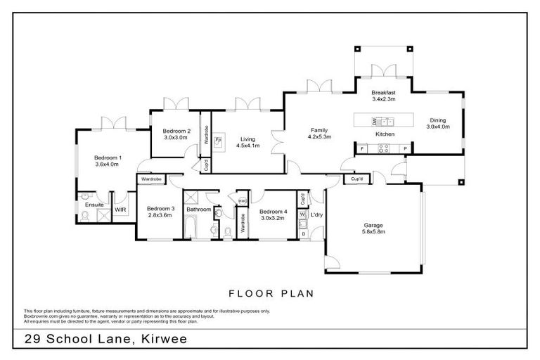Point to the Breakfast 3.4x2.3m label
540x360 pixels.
click(x=384, y=96)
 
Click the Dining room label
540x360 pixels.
click(x=438, y=123)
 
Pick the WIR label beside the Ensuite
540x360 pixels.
click(x=120, y=210)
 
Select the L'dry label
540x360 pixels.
click(x=316, y=214)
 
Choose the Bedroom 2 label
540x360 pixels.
click(x=176, y=134)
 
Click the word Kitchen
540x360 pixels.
click(x=385, y=134)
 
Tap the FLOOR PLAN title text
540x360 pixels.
click(x=271, y=292)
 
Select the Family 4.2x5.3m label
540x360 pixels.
click(x=319, y=134)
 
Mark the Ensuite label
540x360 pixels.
click(x=95, y=205)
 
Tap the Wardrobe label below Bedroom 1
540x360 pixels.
click(x=152, y=180)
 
